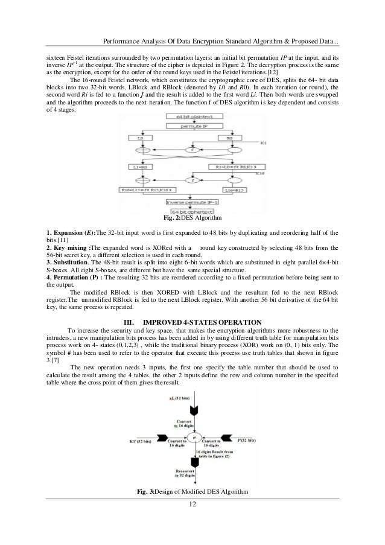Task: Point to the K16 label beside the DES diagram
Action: click(259, 173)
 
